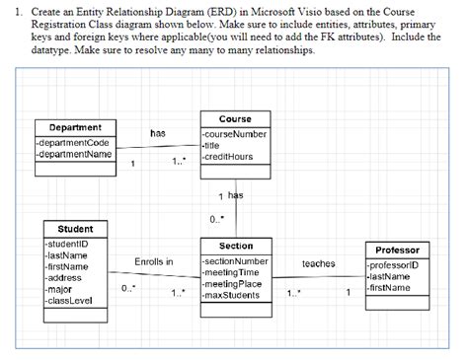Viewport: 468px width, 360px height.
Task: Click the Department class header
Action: pyautogui.click(x=75, y=127)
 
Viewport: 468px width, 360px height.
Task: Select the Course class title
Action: pyautogui.click(x=235, y=118)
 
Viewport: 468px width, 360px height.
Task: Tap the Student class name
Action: pyautogui.click(x=75, y=229)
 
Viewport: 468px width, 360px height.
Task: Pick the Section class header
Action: pyautogui.click(x=235, y=246)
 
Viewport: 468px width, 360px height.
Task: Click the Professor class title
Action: pyautogui.click(x=398, y=251)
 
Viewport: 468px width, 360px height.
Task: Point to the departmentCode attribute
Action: pyautogui.click(x=75, y=143)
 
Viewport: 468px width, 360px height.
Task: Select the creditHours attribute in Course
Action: pyautogui.click(x=229, y=157)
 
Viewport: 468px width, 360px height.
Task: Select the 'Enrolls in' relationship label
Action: pyautogui.click(x=153, y=261)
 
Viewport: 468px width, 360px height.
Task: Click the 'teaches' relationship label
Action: pyautogui.click(x=318, y=263)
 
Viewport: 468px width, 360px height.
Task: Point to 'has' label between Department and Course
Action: pyautogui.click(x=157, y=132)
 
